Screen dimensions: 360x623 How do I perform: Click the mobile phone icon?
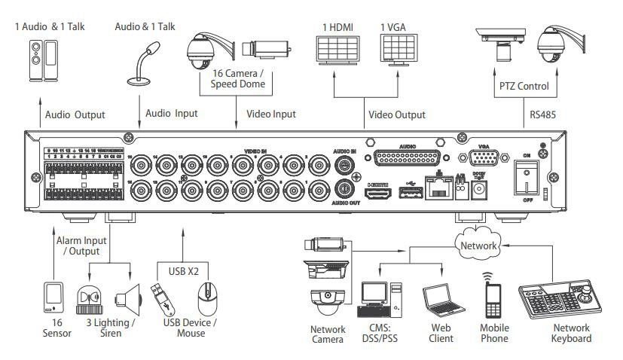coord(493,301)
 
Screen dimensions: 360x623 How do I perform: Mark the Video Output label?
coord(397,114)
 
